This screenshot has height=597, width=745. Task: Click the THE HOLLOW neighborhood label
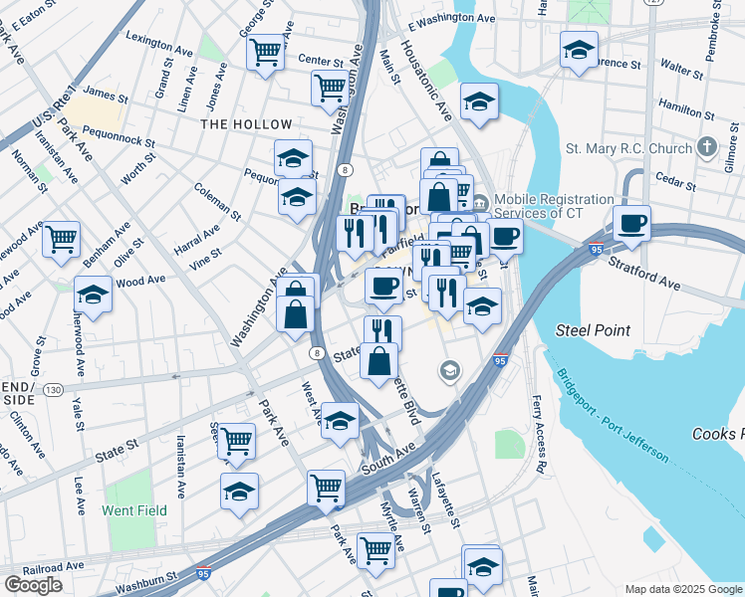tap(247, 124)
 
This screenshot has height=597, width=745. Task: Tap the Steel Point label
tap(593, 330)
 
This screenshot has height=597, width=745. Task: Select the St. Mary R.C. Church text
tap(628, 149)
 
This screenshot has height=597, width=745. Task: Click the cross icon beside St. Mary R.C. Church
tap(707, 148)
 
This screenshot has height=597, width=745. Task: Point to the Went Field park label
tap(134, 510)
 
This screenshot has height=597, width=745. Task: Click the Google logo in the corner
tap(33, 585)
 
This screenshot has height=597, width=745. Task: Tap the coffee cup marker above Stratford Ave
tap(630, 222)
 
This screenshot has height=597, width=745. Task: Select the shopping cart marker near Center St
tap(266, 51)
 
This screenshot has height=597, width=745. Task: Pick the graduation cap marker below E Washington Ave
tap(579, 49)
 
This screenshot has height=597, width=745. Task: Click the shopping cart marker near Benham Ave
tap(62, 238)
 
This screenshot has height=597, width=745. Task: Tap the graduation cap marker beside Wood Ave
tap(93, 296)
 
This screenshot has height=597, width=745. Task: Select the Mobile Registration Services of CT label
tap(553, 206)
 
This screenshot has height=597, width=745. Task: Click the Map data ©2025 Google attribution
tap(682, 589)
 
